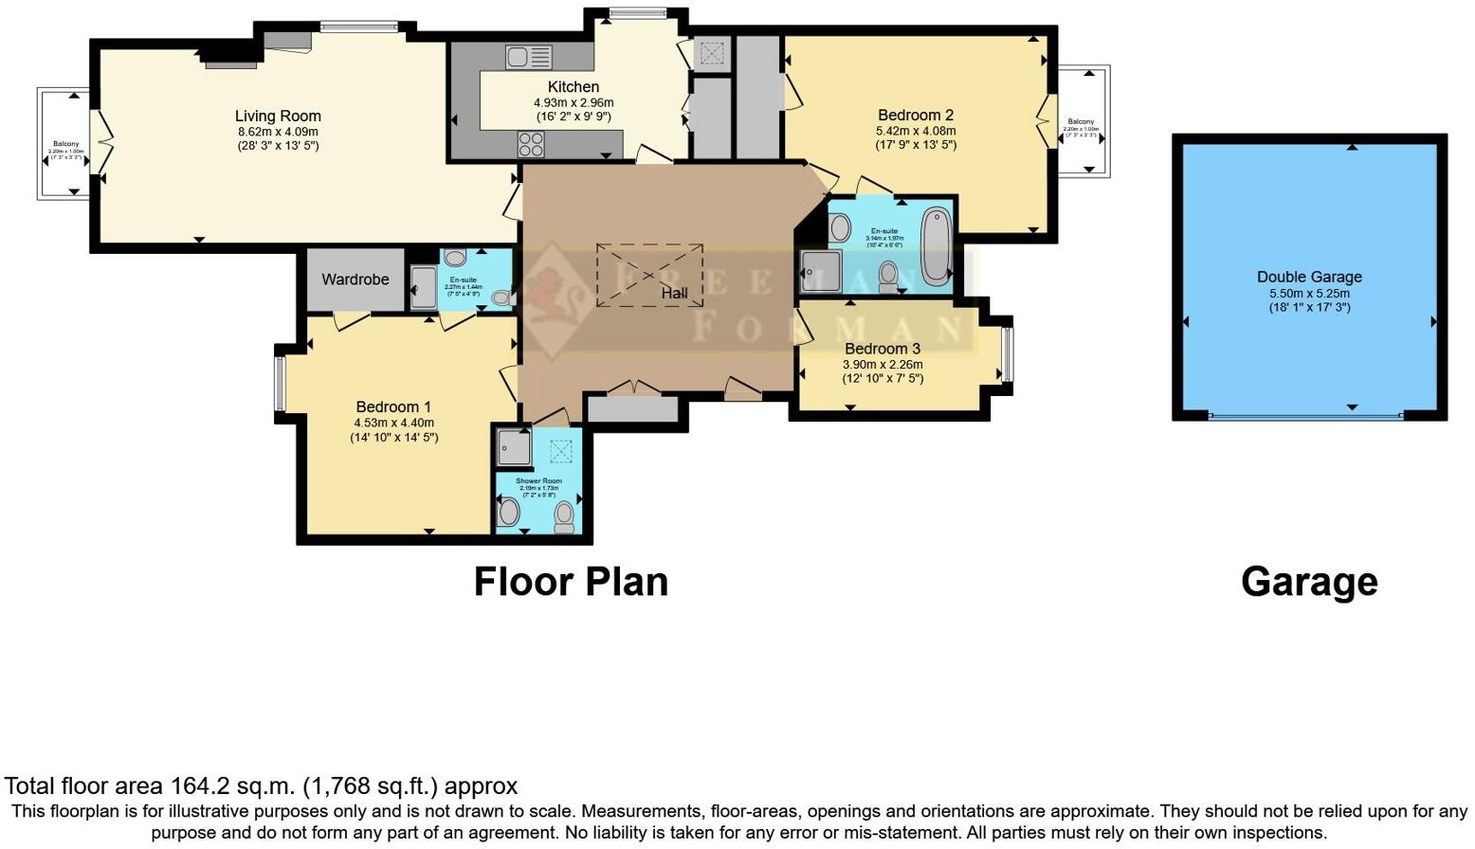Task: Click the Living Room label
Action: [278, 117]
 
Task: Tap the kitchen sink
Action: [528, 57]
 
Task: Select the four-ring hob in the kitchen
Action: [531, 144]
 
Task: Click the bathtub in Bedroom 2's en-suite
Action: [937, 245]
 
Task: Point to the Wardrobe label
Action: [355, 280]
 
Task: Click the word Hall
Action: [674, 294]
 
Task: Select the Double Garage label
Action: [1309, 277]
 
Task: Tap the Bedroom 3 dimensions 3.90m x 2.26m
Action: [882, 364]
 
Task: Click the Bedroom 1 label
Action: [393, 407]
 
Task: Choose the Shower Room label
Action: [538, 481]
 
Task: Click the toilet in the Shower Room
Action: [565, 516]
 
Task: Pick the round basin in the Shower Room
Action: [509, 514]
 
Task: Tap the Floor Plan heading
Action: [571, 582]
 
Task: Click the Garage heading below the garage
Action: [1309, 582]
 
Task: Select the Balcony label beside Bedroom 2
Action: [1081, 121]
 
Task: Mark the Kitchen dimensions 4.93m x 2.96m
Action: [574, 102]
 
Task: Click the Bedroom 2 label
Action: [916, 116]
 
